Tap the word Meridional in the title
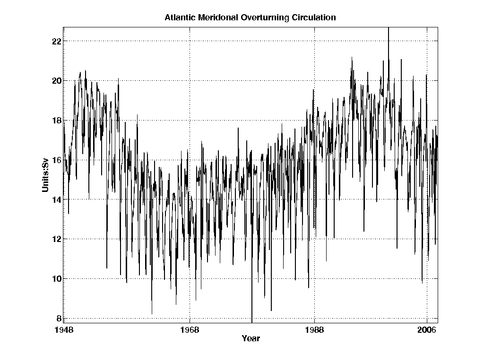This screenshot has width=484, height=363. coord(215,18)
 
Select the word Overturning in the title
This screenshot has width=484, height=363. coord(259,18)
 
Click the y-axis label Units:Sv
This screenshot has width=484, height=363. coord(45,176)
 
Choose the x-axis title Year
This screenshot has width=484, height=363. coord(251,339)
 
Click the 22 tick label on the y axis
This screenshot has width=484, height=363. coord(56,41)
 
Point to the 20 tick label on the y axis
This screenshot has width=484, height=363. coord(56,81)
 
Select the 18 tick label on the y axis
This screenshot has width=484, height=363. coord(56,121)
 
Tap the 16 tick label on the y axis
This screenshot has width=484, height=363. coord(56,160)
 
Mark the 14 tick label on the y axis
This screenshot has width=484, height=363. coord(56,199)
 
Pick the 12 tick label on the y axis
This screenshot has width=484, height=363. coord(56,239)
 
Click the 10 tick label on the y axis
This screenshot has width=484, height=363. coord(56,279)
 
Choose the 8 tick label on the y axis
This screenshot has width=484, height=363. coord(59,318)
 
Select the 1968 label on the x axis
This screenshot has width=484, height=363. coord(190,330)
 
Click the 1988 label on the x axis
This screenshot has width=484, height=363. coord(315,330)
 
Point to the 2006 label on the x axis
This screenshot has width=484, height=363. coord(427,330)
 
